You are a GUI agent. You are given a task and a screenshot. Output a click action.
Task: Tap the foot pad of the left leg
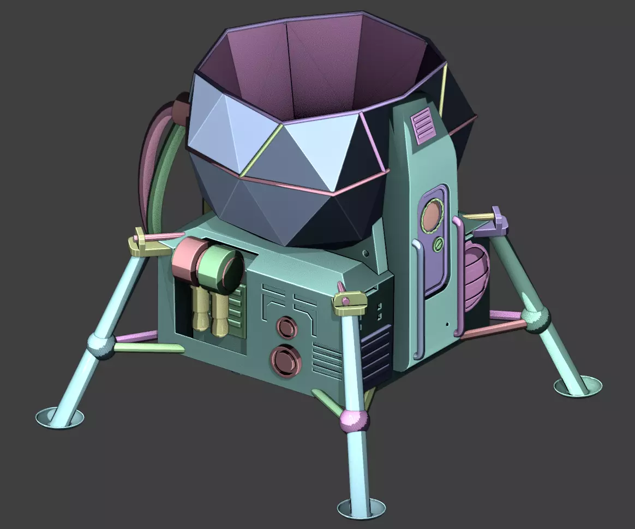[59, 419]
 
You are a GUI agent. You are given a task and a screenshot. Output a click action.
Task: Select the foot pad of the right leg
[578, 387]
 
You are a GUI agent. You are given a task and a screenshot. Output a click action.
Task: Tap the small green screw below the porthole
[437, 245]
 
